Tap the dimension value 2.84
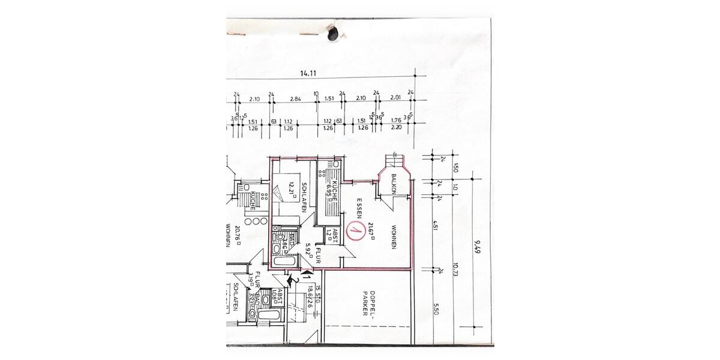pyautogui.click(x=295, y=99)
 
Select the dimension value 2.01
pyautogui.click(x=395, y=98)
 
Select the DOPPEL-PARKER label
pyautogui.click(x=368, y=304)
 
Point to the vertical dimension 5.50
pyautogui.click(x=436, y=310)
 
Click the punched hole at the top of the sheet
pyautogui.click(x=332, y=34)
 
